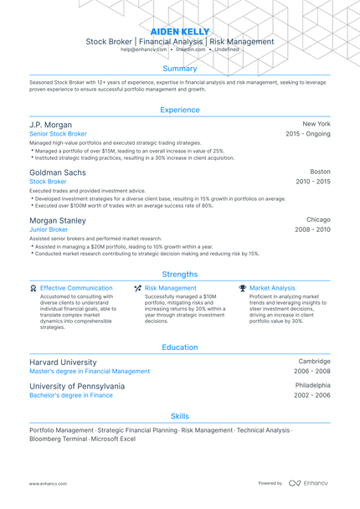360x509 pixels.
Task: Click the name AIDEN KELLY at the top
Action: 179,30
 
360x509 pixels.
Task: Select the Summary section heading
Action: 179,69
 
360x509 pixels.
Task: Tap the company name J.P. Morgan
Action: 50,124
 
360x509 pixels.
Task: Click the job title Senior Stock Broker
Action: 58,134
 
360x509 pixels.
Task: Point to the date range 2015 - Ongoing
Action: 307,134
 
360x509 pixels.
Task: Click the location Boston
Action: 320,171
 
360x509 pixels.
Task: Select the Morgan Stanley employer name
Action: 57,219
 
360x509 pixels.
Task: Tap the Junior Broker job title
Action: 49,229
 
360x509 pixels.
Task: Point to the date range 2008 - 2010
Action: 312,229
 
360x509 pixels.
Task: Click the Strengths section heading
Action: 179,274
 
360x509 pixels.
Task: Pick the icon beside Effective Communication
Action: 33,288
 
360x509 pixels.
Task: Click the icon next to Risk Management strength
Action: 137,288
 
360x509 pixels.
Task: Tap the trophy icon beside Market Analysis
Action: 242,288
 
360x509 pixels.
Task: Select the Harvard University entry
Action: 64,362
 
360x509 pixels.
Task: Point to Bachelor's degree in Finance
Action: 71,395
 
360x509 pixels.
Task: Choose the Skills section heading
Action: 179,415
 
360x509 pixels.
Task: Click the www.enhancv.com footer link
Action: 48,483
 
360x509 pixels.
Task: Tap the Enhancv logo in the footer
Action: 309,483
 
